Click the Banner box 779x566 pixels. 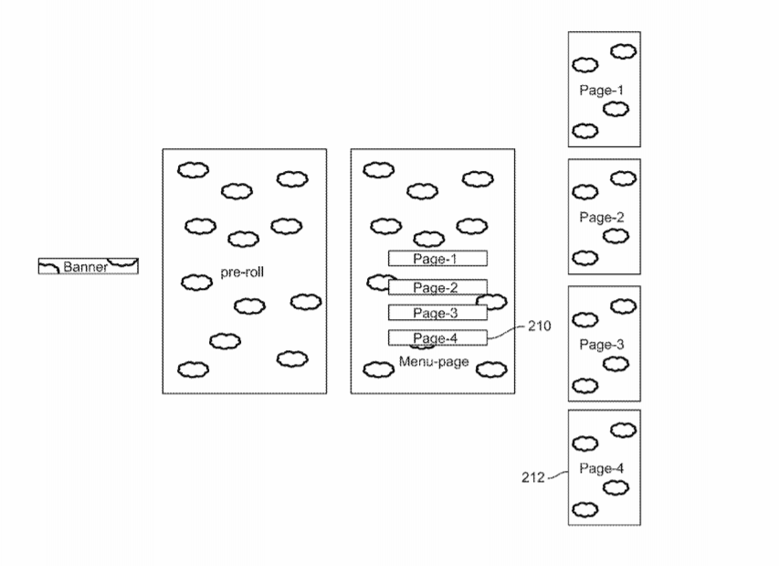pos(89,266)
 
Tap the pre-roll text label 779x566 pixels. pos(242,272)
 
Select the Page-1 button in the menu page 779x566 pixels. pos(437,259)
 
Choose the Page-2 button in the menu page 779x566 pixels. pos(437,287)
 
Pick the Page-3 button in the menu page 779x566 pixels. pos(437,313)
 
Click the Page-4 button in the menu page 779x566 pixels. pos(437,337)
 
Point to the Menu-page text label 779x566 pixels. pos(434,361)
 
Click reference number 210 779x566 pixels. pos(539,326)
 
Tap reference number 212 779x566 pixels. pos(533,477)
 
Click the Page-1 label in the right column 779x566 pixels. pos(601,91)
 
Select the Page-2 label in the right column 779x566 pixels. pos(601,218)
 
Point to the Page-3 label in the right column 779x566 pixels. pos(601,345)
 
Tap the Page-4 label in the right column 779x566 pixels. pos(601,468)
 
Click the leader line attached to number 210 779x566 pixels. pos(506,332)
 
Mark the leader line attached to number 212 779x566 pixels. pos(558,474)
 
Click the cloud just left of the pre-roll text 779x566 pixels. pos(196,283)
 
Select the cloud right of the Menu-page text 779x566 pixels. pos(491,369)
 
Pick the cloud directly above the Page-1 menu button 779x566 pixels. pos(428,240)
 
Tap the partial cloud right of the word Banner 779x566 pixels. pos(122,262)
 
